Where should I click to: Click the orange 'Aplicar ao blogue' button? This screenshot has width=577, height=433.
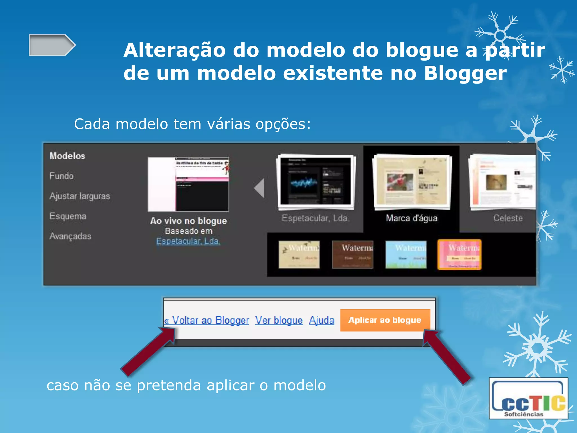coord(385,320)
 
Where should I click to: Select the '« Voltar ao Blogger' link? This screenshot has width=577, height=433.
coord(207,321)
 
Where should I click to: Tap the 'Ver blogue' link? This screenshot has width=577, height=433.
coord(279,321)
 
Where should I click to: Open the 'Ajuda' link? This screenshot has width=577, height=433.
coord(321,321)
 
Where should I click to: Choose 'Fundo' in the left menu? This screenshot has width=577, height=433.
coord(61,176)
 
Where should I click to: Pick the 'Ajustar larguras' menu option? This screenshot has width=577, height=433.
coord(80,196)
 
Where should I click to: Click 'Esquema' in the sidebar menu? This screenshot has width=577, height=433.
coord(68,216)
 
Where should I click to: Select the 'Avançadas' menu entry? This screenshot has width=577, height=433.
coord(70,236)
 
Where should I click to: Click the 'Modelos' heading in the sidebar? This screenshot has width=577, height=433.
coord(67,156)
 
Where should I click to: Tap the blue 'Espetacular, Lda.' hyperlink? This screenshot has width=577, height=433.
coord(188,241)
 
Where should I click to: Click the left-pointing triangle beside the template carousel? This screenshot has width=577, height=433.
coord(259,188)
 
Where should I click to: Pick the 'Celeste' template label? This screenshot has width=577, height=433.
coord(508,218)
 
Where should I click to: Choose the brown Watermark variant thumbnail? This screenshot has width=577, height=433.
coord(352,255)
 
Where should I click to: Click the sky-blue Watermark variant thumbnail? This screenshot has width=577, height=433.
coord(406,255)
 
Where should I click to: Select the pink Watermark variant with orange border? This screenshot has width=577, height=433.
coord(460,255)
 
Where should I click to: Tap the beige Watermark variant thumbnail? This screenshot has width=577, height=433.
coord(299,255)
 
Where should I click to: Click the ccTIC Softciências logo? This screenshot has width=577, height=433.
coord(529,398)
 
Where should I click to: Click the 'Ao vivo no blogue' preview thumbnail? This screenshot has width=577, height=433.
coord(188,184)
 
